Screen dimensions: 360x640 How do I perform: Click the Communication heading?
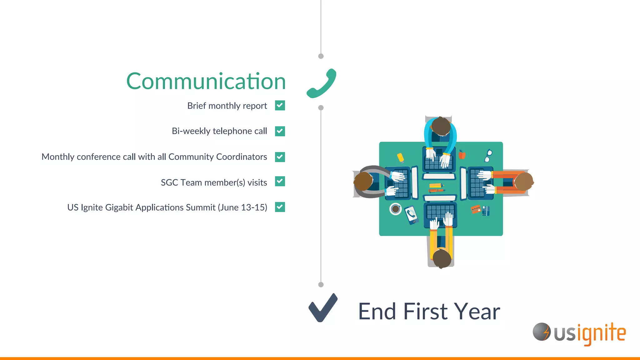(206, 81)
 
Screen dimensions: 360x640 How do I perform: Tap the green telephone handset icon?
(321, 84)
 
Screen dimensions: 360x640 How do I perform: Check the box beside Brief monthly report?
(280, 106)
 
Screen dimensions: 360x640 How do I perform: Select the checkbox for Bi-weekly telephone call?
(280, 131)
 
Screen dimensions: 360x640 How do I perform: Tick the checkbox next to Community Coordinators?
(280, 157)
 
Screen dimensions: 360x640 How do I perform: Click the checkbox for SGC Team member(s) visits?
(280, 181)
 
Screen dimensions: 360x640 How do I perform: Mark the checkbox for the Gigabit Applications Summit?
(280, 207)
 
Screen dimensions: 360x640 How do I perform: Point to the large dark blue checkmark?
(323, 308)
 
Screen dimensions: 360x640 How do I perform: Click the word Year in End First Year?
(477, 312)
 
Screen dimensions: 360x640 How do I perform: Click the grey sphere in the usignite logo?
(541, 332)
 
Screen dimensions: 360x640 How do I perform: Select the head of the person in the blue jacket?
(441, 126)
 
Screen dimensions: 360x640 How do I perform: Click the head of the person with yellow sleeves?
(442, 258)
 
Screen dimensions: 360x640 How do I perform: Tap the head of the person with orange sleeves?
(523, 182)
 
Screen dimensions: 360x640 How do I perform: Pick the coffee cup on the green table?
(395, 209)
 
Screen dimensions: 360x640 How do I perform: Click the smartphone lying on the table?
(412, 215)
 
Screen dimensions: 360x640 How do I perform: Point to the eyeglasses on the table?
(488, 156)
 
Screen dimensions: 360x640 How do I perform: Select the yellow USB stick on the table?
(400, 157)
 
